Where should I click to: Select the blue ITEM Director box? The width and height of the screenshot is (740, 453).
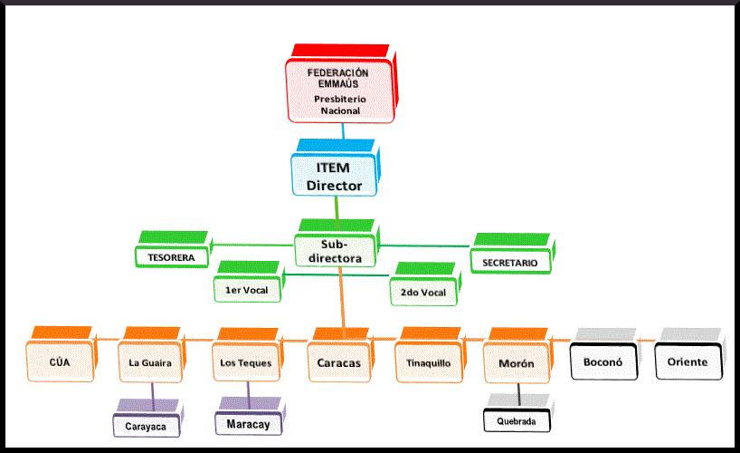pyautogui.click(x=334, y=176)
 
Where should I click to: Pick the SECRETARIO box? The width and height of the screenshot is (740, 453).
pyautogui.click(x=509, y=262)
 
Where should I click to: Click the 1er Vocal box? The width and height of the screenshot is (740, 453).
pyautogui.click(x=247, y=290)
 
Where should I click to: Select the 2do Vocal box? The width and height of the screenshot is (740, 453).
pyautogui.click(x=422, y=292)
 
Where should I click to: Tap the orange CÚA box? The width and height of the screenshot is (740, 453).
pyautogui.click(x=60, y=362)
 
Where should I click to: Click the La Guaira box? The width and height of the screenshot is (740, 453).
pyautogui.click(x=151, y=362)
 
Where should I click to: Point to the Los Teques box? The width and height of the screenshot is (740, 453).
pyautogui.click(x=245, y=362)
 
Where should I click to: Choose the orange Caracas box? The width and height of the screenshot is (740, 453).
pyautogui.click(x=338, y=362)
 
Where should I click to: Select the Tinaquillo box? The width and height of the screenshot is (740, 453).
pyautogui.click(x=428, y=362)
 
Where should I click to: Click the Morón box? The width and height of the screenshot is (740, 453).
pyautogui.click(x=516, y=363)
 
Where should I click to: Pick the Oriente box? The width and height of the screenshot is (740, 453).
pyautogui.click(x=688, y=362)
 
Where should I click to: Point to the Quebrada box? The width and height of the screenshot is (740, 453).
pyautogui.click(x=516, y=421)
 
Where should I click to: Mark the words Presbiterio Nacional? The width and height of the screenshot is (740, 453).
pyautogui.click(x=339, y=105)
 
